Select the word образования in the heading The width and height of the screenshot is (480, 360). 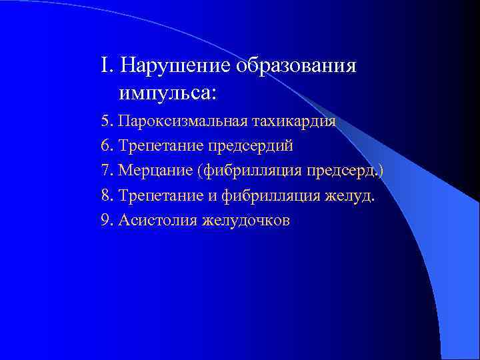[x=296, y=67]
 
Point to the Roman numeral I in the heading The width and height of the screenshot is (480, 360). [x=104, y=66]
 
